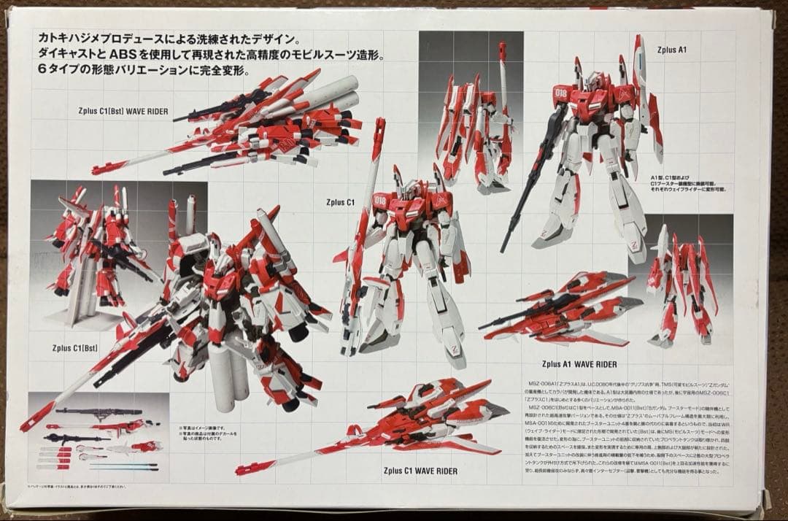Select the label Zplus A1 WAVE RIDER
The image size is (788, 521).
(x=580, y=363)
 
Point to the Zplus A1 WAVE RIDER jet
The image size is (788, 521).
(x=562, y=306)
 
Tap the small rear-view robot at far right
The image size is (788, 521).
(x=681, y=285)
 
